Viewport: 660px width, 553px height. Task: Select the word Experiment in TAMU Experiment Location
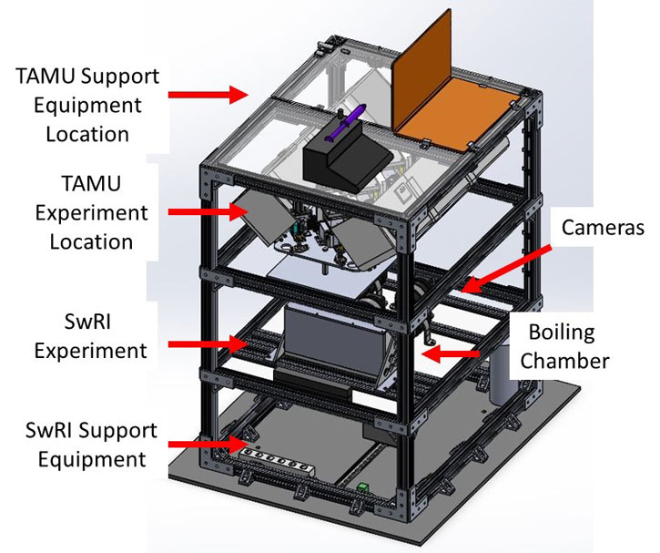(x=91, y=214)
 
